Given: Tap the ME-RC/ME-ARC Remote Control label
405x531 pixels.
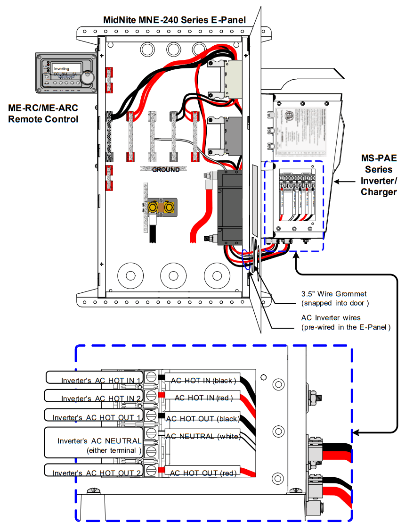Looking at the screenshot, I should click(43, 114).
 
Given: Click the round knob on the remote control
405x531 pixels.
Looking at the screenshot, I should click(87, 77).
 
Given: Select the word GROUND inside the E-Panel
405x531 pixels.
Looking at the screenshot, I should click(166, 170).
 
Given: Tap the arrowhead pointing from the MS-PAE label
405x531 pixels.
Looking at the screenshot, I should click(336, 180).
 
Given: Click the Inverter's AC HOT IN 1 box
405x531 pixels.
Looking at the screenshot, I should click(94, 378).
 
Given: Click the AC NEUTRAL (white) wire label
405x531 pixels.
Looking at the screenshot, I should click(202, 436).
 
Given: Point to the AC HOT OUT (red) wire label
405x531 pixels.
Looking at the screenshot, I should click(202, 473).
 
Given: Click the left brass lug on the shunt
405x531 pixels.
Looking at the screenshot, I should click(154, 207).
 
